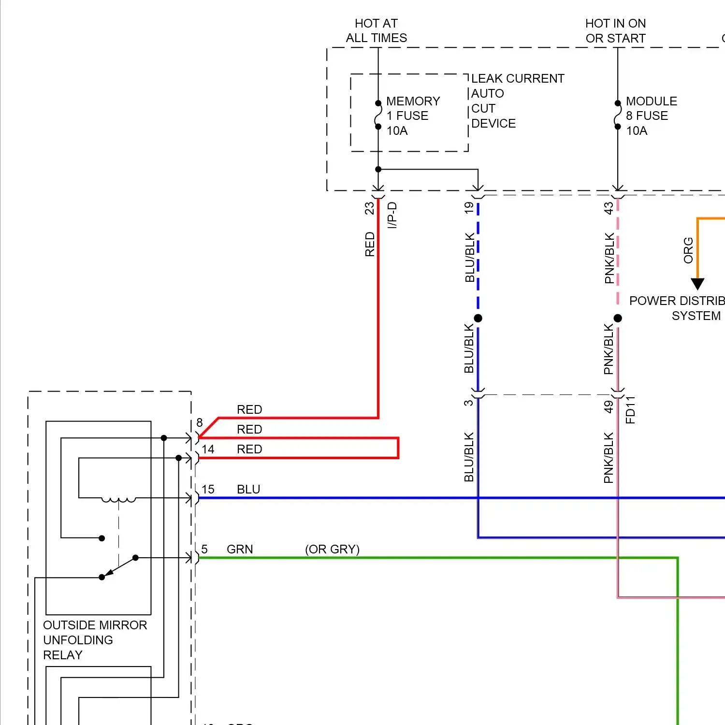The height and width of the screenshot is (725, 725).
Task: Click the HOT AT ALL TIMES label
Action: pyautogui.click(x=376, y=30)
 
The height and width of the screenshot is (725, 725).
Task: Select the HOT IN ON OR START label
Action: pyautogui.click(x=615, y=30)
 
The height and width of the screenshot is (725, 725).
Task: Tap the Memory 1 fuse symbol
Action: pyautogui.click(x=378, y=115)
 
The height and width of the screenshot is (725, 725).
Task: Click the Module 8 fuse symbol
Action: pyautogui.click(x=617, y=115)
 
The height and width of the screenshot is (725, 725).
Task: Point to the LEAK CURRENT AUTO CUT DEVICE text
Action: pyautogui.click(x=517, y=101)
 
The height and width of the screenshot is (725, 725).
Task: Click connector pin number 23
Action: pyautogui.click(x=369, y=208)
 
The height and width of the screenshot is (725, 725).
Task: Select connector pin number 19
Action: pyautogui.click(x=468, y=208)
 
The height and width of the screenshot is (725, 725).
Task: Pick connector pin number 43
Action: pyautogui.click(x=609, y=208)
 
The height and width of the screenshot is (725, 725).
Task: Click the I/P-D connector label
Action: pyautogui.click(x=392, y=215)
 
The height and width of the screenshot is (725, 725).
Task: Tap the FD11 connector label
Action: pyautogui.click(x=630, y=410)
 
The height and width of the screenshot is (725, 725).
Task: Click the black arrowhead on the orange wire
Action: pyautogui.click(x=697, y=284)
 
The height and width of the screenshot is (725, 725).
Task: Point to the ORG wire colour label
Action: pyautogui.click(x=688, y=250)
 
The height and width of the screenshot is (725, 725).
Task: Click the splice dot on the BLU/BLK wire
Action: pyautogui.click(x=478, y=318)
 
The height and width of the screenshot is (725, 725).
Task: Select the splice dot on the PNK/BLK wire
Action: pyautogui.click(x=617, y=318)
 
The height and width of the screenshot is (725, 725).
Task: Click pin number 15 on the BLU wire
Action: pyautogui.click(x=208, y=489)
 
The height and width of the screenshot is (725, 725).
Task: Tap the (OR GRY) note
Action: pyautogui.click(x=332, y=549)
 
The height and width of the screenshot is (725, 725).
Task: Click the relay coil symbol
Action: pyautogui.click(x=118, y=500)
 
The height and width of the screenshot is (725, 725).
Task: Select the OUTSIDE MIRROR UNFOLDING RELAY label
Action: pyautogui.click(x=95, y=640)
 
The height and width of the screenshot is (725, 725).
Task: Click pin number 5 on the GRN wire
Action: pyautogui.click(x=204, y=549)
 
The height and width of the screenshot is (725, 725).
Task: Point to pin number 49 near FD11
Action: pyautogui.click(x=609, y=407)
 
